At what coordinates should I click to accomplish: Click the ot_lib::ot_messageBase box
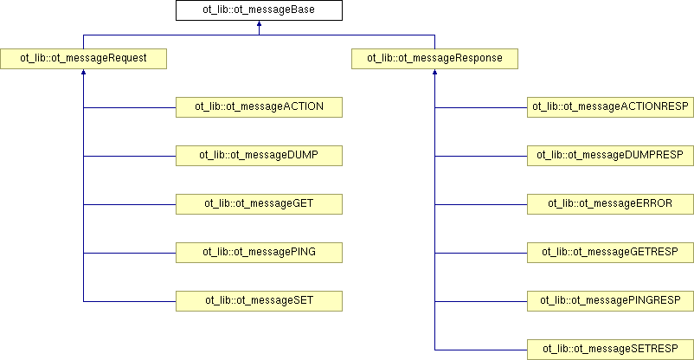[259, 10]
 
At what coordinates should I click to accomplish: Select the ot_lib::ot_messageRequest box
[83, 59]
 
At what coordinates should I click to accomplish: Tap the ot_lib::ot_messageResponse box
[434, 59]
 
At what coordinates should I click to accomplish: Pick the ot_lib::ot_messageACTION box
[259, 107]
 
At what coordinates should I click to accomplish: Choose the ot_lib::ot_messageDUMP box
[259, 156]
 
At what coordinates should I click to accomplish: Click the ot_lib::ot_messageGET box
[259, 204]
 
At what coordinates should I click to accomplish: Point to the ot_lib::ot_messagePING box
[259, 253]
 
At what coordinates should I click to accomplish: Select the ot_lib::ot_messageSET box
[259, 301]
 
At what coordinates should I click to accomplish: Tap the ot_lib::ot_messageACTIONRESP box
[610, 107]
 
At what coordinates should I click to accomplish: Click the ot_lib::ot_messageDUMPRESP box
[610, 156]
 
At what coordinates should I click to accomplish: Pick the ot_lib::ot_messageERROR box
[610, 204]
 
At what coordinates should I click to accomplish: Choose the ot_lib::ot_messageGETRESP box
[610, 253]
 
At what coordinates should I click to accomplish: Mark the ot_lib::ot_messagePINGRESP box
[610, 301]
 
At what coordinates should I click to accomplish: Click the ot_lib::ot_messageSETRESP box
[610, 350]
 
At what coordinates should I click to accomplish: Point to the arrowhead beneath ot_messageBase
[259, 23]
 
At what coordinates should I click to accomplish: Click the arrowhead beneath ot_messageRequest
[83, 72]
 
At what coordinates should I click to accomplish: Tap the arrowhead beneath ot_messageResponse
[434, 72]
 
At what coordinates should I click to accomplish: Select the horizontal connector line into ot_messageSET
[130, 301]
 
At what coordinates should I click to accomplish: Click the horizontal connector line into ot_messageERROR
[481, 204]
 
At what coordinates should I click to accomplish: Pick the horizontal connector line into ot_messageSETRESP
[481, 350]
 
